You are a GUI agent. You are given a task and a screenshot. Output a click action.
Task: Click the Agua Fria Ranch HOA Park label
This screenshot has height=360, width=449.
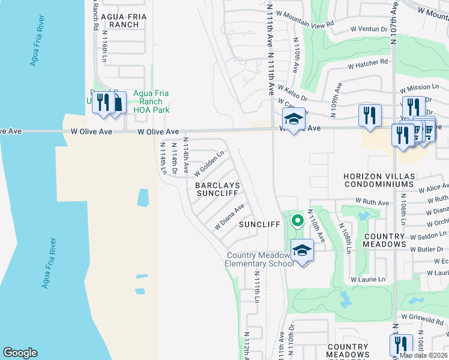(151, 101)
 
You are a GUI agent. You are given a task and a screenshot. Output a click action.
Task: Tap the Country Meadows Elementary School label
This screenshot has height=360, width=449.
(259, 259)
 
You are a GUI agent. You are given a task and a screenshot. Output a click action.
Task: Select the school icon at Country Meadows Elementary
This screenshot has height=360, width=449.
(302, 250)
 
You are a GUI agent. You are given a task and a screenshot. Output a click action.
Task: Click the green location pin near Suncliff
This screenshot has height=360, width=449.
(297, 222)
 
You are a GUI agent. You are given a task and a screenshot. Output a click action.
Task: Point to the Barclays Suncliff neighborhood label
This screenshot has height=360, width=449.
(217, 190)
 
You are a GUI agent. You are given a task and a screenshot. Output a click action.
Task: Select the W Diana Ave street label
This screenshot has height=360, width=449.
(229, 217)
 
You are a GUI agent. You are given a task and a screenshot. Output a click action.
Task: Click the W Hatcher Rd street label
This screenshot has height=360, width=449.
(368, 62)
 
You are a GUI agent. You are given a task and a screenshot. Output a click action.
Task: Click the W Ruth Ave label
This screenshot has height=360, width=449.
(372, 202)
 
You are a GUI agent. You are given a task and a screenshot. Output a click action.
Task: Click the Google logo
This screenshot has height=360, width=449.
(20, 353)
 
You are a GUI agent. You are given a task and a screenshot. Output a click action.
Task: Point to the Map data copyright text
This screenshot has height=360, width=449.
(423, 355)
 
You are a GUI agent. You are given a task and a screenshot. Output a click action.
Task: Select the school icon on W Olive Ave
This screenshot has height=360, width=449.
(294, 120)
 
